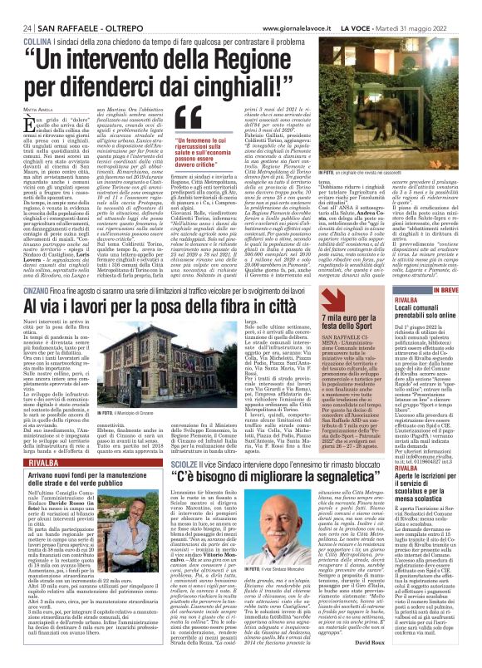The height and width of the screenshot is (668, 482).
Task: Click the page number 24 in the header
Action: pos(27,7)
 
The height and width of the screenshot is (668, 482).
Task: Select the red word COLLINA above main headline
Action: pos(36,17)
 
